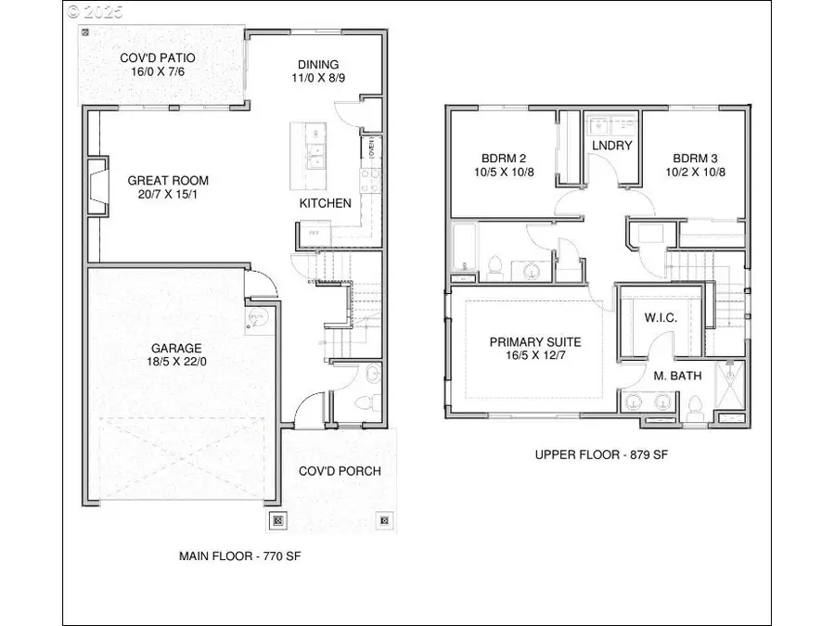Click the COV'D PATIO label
157,58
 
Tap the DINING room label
318,64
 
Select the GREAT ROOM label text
168,181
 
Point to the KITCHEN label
325,203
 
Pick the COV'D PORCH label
340,471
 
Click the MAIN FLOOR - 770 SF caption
240,556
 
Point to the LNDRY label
612,146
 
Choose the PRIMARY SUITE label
535,342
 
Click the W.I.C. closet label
661,318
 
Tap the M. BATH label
678,376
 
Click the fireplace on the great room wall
96,188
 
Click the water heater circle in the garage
257,319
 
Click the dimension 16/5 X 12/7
535,356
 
